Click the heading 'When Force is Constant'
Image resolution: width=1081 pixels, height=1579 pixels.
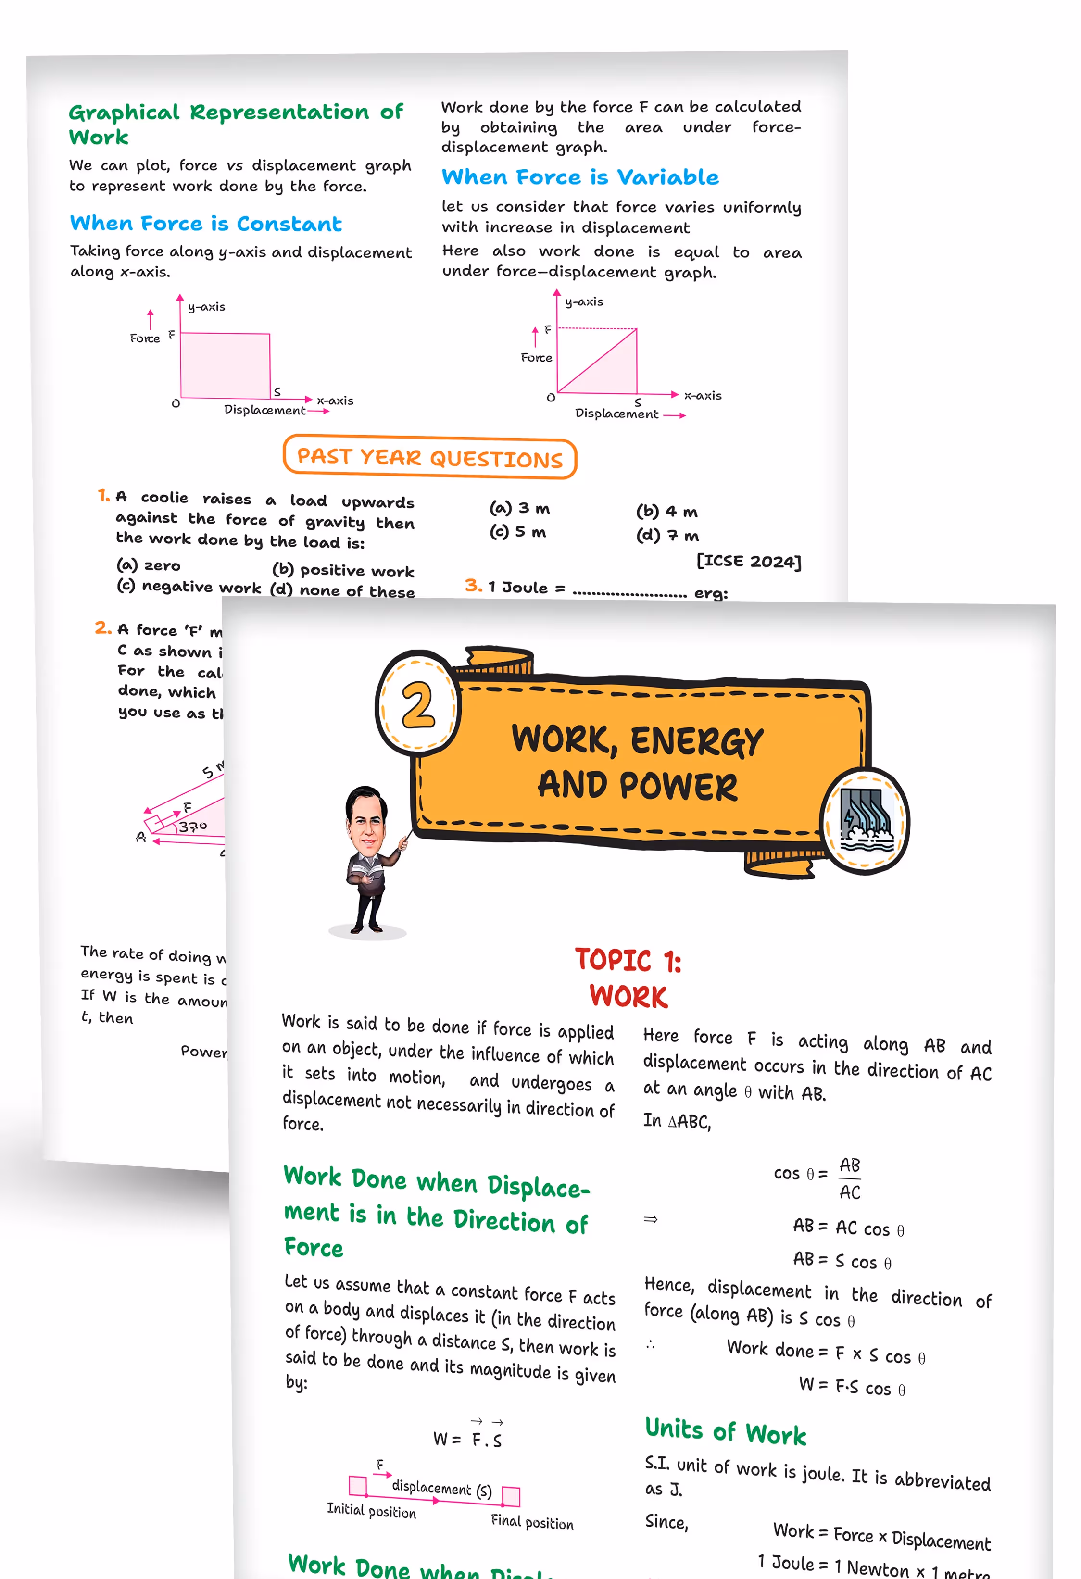206,224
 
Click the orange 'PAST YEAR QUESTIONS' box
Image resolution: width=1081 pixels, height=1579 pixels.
429,457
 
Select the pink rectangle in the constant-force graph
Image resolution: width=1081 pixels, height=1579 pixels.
225,365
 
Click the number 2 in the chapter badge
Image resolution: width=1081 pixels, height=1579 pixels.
418,704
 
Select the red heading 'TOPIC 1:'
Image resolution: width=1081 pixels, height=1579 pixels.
628,960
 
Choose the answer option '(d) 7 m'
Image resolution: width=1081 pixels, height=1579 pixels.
667,536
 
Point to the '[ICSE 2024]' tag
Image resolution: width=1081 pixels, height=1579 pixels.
749,561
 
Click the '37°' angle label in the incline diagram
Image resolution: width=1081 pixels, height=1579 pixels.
193,826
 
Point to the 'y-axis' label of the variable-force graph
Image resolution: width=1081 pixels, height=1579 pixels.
584,301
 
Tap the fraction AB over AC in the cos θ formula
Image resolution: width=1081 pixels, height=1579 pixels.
849,1178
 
